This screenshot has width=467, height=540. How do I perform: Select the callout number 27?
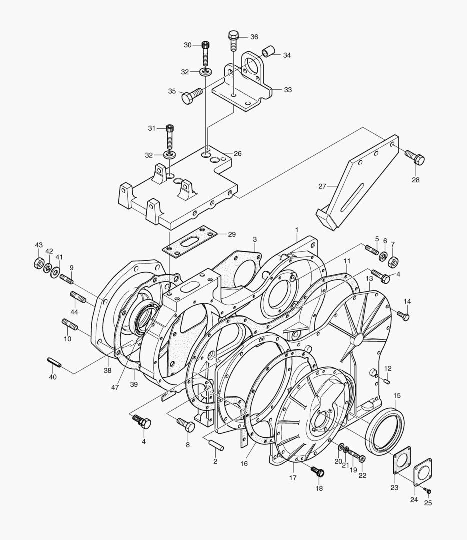[x=322, y=186]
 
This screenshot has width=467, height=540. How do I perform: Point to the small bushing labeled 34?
[x=268, y=51]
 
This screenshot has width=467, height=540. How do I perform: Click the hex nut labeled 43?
[x=38, y=263]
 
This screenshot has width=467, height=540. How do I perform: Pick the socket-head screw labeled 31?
[x=169, y=136]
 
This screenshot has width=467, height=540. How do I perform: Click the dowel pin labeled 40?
[x=54, y=362]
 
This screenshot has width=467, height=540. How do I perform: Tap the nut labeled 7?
[x=393, y=261]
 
